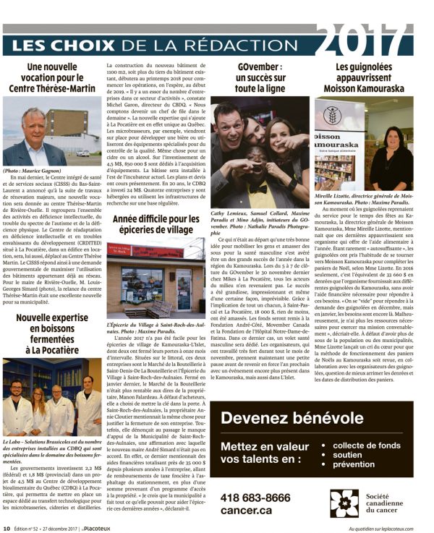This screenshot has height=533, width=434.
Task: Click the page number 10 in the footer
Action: [7, 528]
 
